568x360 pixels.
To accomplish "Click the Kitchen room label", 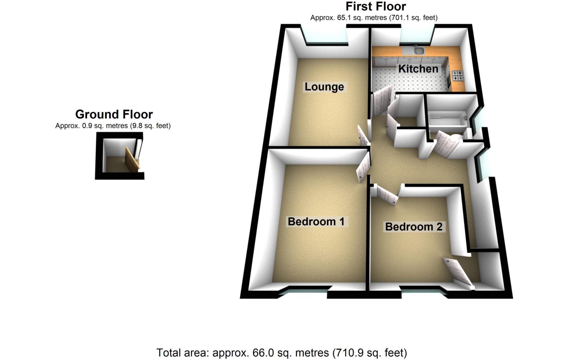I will click(x=418, y=69).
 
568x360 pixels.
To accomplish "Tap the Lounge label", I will click(x=324, y=87).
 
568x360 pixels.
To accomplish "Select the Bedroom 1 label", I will click(x=316, y=222).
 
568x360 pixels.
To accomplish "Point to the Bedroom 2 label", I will click(x=414, y=227).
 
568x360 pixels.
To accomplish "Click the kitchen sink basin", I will click(x=419, y=50).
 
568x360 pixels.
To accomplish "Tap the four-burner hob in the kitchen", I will click(x=457, y=76).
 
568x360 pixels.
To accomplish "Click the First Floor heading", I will click(x=376, y=6).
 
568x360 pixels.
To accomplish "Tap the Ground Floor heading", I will click(x=114, y=114).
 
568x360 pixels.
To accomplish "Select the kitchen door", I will click(x=382, y=100).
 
